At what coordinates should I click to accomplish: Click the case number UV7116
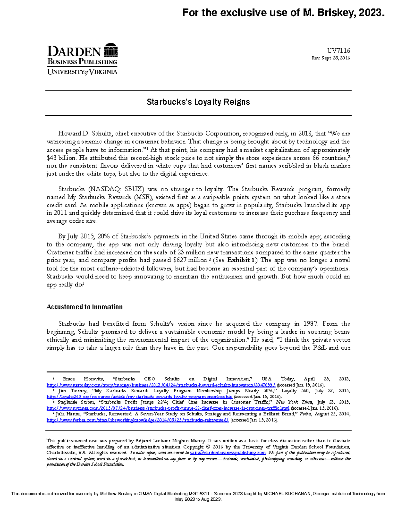(x=338, y=51)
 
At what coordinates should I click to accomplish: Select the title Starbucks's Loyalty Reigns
(x=198, y=102)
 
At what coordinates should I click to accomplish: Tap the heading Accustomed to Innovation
(x=84, y=307)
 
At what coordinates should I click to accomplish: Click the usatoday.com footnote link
(x=161, y=385)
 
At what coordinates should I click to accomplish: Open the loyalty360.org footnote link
(x=139, y=397)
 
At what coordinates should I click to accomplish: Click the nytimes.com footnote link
(x=168, y=408)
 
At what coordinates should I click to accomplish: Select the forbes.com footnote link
(x=138, y=420)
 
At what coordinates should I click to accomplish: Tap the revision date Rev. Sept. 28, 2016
(x=331, y=58)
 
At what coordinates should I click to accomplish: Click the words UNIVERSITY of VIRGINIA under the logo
(x=82, y=72)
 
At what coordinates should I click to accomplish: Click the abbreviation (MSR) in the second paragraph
(x=141, y=197)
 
